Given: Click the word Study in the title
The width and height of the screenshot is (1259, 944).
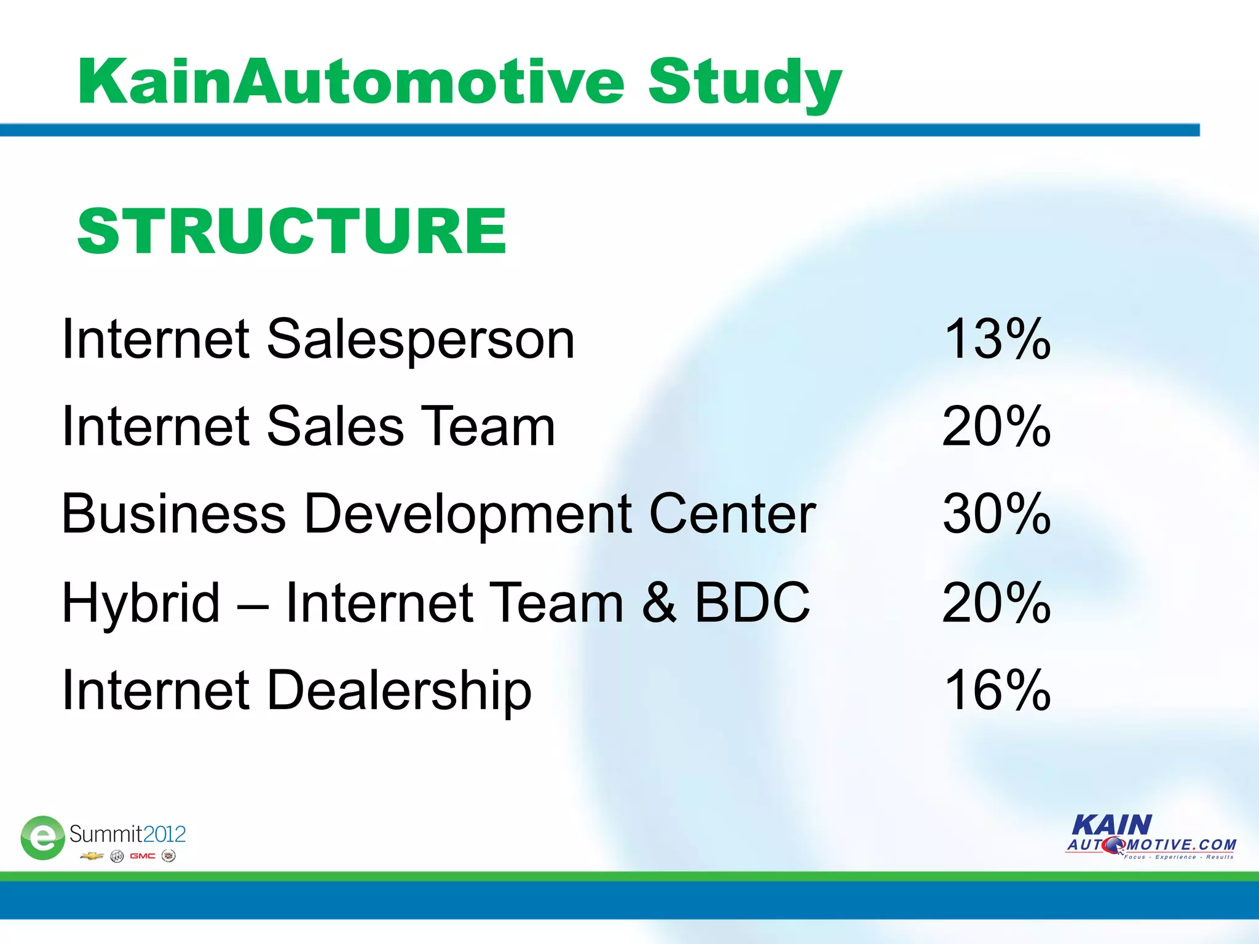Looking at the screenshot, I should [x=744, y=83].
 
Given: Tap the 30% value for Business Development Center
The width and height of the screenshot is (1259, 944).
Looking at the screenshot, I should [x=997, y=514].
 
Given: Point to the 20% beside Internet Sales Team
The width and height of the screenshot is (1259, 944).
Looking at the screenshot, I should [x=997, y=426].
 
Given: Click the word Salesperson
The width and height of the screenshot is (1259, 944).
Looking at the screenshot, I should [x=420, y=340].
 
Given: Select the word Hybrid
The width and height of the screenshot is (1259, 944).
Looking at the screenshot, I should [x=141, y=604].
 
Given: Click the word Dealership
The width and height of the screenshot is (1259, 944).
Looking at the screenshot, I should [x=399, y=691].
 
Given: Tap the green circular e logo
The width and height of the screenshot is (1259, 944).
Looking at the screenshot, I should [x=42, y=837].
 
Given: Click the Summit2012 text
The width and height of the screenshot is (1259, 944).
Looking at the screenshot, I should [x=127, y=834].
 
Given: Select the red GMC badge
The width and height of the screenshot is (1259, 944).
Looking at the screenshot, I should [x=142, y=856].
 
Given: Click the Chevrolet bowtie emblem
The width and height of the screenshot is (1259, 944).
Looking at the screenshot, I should [x=92, y=856].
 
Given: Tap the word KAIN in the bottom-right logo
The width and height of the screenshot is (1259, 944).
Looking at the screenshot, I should [x=1112, y=825].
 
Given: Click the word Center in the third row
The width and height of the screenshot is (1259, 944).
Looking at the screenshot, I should [x=732, y=514].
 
